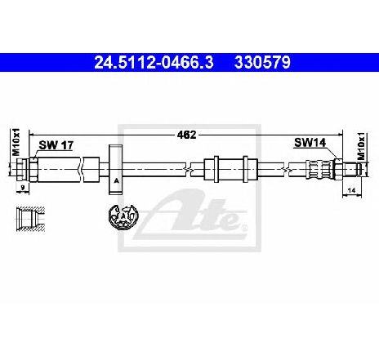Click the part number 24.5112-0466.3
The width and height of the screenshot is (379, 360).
click(x=154, y=63)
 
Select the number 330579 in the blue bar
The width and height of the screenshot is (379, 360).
click(x=262, y=63)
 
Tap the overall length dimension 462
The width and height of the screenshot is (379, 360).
click(x=186, y=135)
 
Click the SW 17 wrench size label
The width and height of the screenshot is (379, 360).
click(x=56, y=145)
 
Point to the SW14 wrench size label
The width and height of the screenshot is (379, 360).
click(x=310, y=142)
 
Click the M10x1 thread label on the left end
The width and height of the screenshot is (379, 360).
click(x=16, y=142)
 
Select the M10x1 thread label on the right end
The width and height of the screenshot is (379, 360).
click(x=361, y=146)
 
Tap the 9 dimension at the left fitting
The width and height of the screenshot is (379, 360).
click(x=23, y=187)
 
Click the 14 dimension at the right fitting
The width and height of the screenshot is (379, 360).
click(x=352, y=190)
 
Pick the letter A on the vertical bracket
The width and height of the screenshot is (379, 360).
click(x=116, y=180)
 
